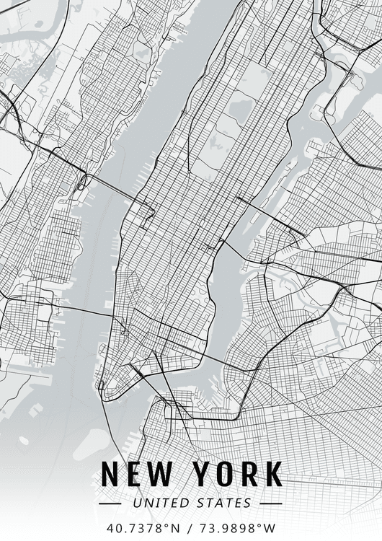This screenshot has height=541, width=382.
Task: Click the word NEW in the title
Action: coord(137,474)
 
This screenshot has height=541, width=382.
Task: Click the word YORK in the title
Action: coord(238,474)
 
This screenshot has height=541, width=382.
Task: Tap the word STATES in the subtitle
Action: coord(223,503)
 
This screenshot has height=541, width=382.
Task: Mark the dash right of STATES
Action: coord(270,503)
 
